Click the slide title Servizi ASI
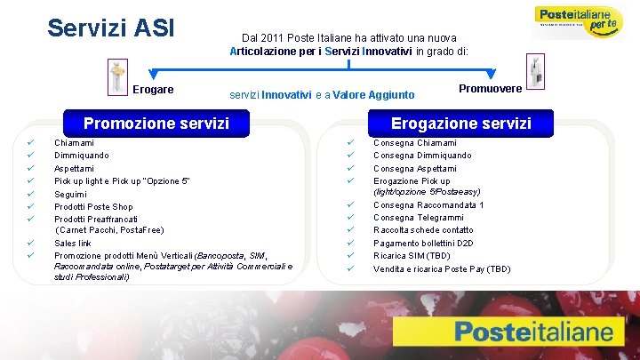pyautogui.click(x=111, y=28)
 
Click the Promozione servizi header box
pyautogui.click(x=156, y=123)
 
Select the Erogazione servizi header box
pyautogui.click(x=460, y=123)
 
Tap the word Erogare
pyautogui.click(x=153, y=90)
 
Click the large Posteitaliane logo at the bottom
pyautogui.click(x=533, y=333)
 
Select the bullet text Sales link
pyautogui.click(x=73, y=243)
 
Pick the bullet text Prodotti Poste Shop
pyautogui.click(x=93, y=207)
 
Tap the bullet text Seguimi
pyautogui.click(x=70, y=195)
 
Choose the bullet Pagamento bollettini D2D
pyautogui.click(x=423, y=243)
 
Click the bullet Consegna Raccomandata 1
pyautogui.click(x=428, y=205)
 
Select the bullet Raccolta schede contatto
pyautogui.click(x=423, y=230)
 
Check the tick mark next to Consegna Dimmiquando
pyautogui.click(x=350, y=156)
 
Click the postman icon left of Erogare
pyautogui.click(x=116, y=76)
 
